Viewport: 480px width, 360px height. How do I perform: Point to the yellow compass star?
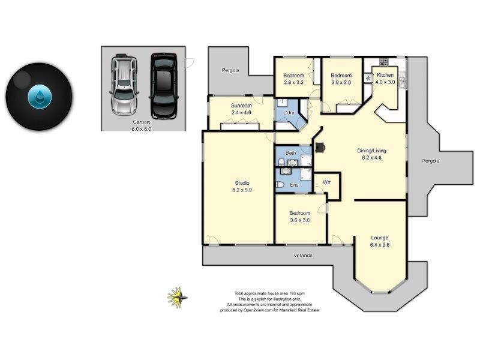pos(177,296)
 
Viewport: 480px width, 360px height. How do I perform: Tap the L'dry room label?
pos(284,112)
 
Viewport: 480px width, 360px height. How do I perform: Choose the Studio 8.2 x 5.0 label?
pos(242,186)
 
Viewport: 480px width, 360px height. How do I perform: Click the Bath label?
pos(290,153)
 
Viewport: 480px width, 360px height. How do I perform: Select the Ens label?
pos(294,185)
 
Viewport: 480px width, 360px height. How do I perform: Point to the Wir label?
pos(327,181)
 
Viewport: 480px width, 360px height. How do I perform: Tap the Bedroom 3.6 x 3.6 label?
pos(300,217)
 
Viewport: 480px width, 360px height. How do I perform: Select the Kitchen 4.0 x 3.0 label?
pos(385,79)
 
